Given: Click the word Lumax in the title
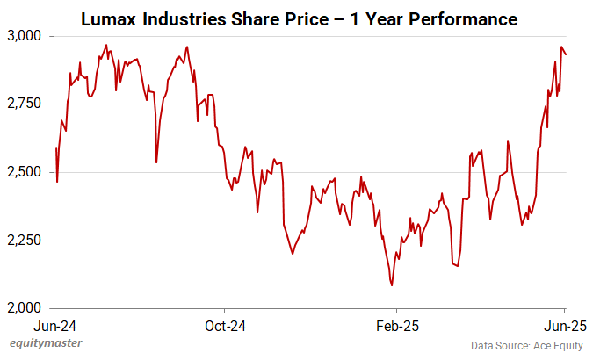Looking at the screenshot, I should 108,18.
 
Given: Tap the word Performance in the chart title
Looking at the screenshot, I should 466,18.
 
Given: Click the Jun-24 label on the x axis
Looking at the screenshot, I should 54,326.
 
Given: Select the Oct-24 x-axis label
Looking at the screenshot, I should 224,326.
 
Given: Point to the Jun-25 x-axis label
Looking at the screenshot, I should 564,326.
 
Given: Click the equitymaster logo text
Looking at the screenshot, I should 40,345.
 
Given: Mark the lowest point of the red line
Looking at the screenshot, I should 391,285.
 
